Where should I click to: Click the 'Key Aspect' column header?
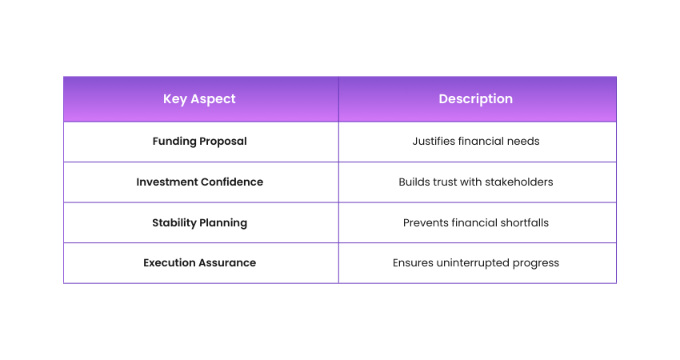click(199, 99)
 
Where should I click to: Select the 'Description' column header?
click(476, 99)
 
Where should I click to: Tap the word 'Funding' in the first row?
click(174, 142)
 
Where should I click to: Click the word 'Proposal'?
click(223, 142)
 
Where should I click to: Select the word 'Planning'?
click(223, 223)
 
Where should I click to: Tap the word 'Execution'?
click(170, 263)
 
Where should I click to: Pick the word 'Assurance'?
click(227, 263)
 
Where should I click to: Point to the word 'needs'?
click(526, 142)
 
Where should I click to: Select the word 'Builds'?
click(414, 182)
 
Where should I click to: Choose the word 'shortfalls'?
click(524, 223)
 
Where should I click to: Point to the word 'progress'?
click(536, 264)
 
